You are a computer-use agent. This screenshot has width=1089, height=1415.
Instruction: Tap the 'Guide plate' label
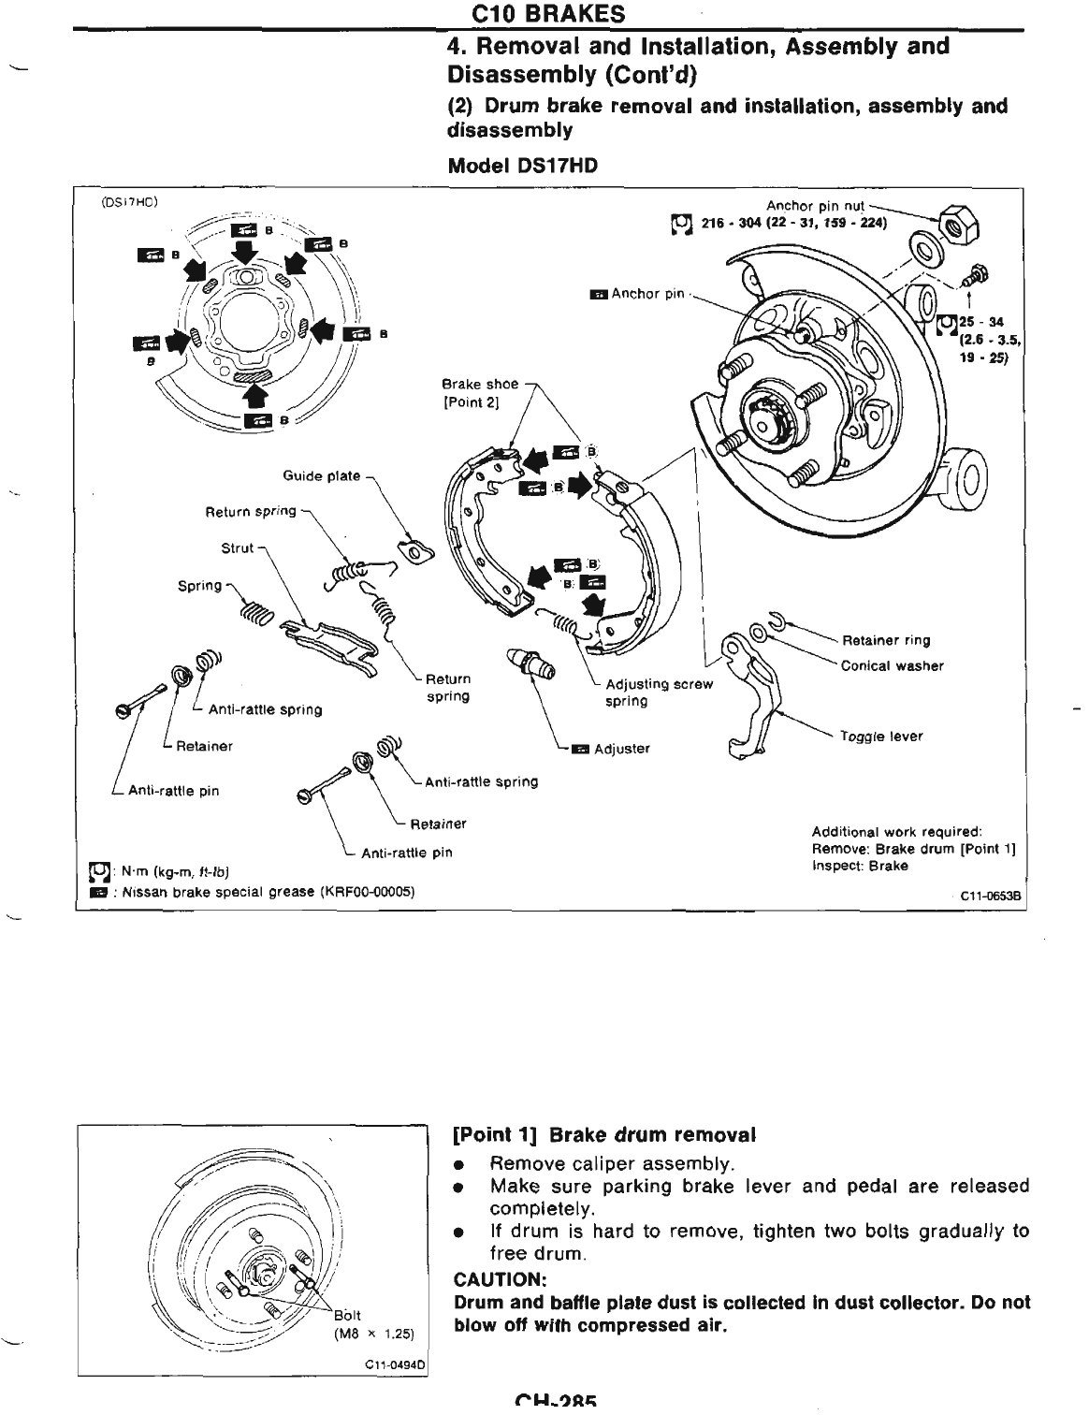(x=321, y=475)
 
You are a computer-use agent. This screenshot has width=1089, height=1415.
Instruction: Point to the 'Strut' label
(x=237, y=547)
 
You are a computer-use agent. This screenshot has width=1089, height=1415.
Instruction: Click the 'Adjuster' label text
(x=621, y=749)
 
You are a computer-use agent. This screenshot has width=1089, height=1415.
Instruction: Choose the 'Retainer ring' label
(x=886, y=641)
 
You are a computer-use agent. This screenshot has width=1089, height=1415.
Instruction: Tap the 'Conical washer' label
(x=892, y=666)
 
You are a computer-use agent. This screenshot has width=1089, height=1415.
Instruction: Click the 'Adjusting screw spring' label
(x=659, y=693)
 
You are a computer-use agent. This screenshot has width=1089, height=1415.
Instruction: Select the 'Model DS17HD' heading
(x=522, y=166)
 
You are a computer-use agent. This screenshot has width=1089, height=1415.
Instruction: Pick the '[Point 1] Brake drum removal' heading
(x=603, y=1135)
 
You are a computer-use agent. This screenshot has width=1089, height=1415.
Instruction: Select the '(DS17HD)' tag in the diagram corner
(x=129, y=200)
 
